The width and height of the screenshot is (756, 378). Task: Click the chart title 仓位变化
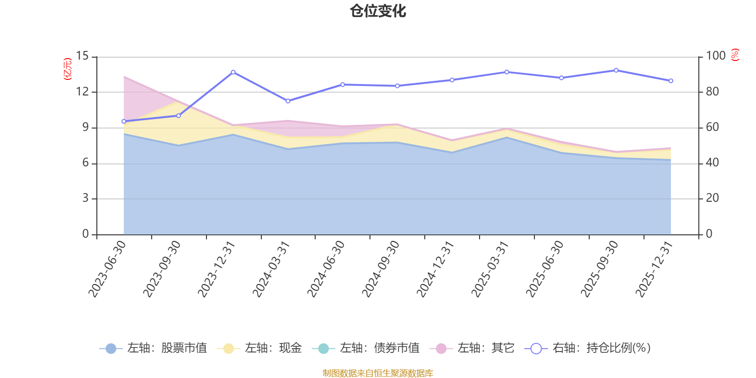coord(378,11)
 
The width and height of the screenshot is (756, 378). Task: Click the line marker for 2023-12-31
coord(233,72)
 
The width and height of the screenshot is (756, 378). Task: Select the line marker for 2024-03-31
coord(288,101)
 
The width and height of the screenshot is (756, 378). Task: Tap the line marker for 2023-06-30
coord(124,121)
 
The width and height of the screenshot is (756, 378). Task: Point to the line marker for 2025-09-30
coord(616,70)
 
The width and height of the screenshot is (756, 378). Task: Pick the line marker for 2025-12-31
coord(671,81)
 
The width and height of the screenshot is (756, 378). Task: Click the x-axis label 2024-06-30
coord(326,268)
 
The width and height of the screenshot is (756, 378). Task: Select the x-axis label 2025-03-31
coord(490,268)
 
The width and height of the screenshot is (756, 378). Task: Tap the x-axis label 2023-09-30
coord(162,268)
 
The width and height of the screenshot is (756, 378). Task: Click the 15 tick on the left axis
coord(83,56)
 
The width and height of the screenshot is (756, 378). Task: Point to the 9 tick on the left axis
coord(86,128)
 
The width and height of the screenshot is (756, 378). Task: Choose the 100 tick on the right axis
coord(715,56)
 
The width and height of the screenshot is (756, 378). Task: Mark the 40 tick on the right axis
coord(712,163)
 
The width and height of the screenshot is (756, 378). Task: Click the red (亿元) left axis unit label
coord(68,69)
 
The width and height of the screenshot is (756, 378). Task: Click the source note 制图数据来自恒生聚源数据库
coord(378,373)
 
